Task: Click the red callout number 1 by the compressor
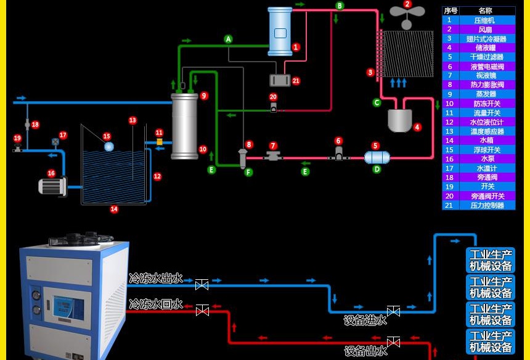pos(296,47)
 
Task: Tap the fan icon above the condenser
pos(407,15)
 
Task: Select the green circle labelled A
pos(228,39)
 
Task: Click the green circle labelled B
pos(340,6)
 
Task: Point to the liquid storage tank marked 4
pos(399,120)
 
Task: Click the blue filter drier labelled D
pos(377,157)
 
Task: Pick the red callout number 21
pos(296,81)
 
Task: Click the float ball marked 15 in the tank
pos(109,147)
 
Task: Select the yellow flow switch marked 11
pos(159,142)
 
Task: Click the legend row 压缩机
pos(478,20)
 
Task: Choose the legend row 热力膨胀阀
pos(478,85)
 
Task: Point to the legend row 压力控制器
pos(478,205)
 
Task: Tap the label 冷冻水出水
pos(156,279)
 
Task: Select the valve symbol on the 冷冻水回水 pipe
pos(202,311)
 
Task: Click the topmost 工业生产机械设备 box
pos(491,260)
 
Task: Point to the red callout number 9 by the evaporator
pos(204,96)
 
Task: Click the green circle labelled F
pos(248,173)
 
